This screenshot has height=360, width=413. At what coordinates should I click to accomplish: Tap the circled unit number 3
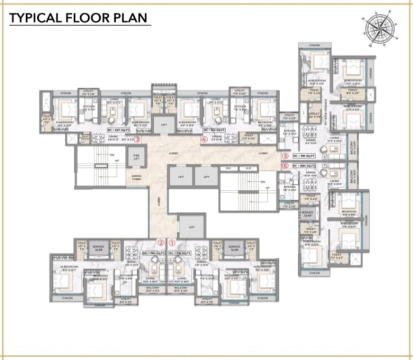137,140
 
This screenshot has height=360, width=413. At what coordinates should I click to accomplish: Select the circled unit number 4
204,140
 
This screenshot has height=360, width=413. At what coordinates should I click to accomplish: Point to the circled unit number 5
285,156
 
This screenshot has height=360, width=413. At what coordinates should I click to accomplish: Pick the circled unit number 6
285,165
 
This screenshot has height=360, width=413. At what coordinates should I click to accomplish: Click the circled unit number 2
160,242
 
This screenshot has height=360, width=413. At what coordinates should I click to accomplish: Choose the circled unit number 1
172,242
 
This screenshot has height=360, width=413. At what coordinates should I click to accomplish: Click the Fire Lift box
136,158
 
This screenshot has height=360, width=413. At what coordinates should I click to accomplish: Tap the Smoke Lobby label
136,178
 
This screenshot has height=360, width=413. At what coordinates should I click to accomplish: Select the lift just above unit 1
187,227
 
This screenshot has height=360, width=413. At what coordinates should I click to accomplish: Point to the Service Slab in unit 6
307,214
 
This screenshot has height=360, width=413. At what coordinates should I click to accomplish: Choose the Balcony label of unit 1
182,290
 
